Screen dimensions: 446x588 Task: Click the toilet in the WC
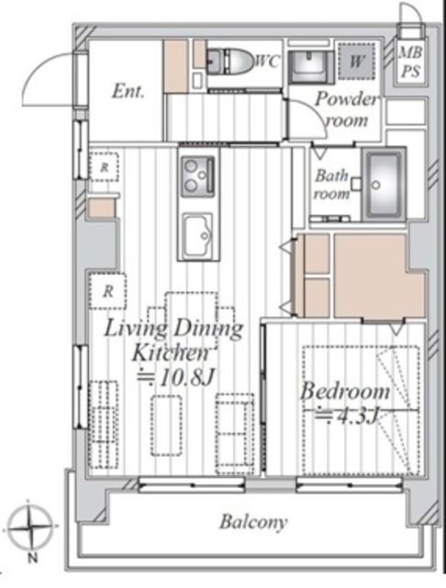229,61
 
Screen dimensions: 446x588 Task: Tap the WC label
267,62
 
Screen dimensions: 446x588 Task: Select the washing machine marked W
356,61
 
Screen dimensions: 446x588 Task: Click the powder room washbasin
309,67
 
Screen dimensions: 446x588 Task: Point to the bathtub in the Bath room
384,185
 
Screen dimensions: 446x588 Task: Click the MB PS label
410,62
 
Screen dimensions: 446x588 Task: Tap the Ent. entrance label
128,92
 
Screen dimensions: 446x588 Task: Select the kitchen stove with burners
198,176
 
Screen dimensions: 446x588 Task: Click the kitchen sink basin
197,234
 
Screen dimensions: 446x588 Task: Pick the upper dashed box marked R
104,167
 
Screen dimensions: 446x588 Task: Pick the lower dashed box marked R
108,291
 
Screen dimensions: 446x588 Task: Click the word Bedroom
345,391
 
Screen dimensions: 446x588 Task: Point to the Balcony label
253,522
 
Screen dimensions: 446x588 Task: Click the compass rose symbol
30,526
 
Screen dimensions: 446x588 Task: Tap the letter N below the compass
33,559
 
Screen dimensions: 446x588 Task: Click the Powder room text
346,109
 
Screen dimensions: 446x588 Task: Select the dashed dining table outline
192,319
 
